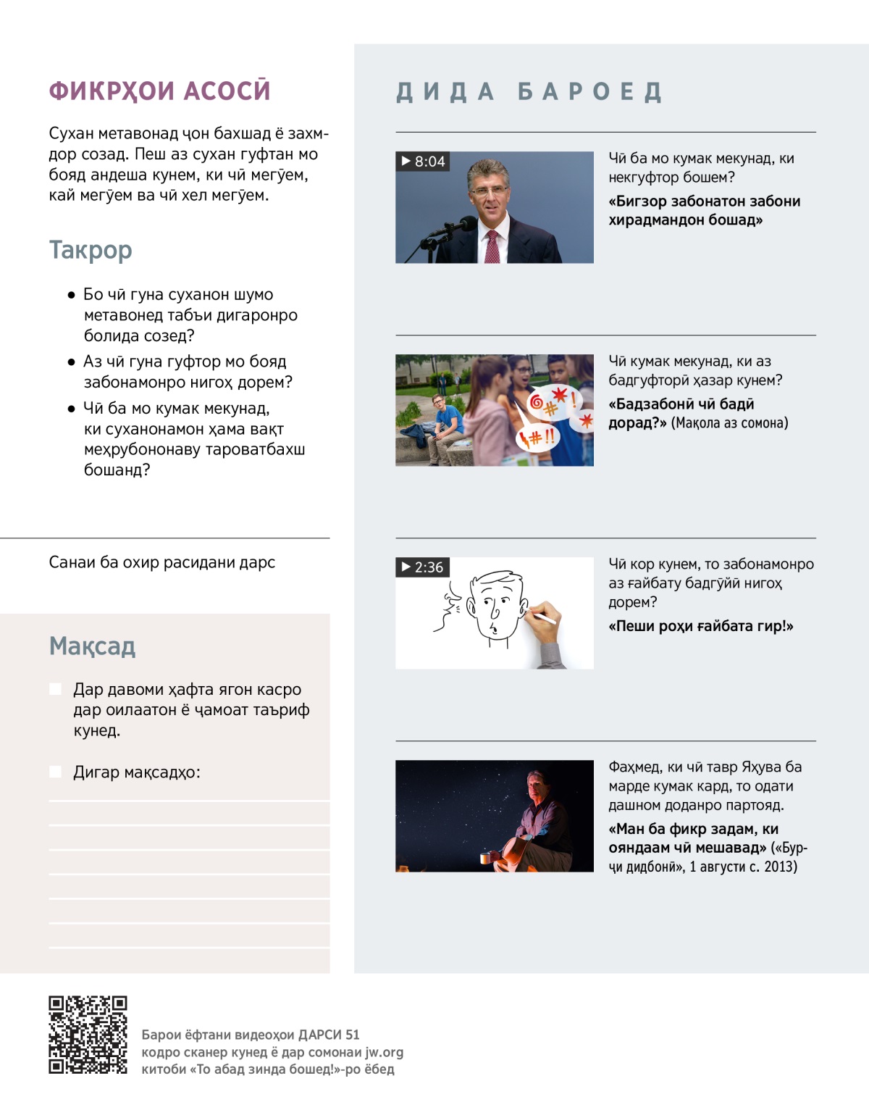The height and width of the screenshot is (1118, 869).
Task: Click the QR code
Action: [88, 1035]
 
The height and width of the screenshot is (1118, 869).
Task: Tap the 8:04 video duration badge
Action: [423, 162]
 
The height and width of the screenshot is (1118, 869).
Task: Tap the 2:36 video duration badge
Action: [423, 567]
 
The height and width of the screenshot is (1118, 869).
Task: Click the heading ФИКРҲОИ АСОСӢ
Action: [159, 91]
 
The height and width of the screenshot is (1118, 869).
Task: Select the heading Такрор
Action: [91, 250]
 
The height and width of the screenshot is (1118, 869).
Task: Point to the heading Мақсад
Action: [92, 646]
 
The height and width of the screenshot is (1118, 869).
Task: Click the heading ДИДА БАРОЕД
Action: [529, 92]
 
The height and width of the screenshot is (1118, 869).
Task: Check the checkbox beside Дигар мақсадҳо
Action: [55, 772]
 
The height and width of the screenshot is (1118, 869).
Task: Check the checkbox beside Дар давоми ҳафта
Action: [55, 689]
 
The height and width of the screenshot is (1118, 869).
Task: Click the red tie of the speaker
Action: [492, 246]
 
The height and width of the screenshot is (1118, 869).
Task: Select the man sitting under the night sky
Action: [536, 819]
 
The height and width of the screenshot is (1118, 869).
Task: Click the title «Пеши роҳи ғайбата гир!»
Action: [700, 626]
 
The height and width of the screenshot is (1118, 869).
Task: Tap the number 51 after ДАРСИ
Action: [352, 1035]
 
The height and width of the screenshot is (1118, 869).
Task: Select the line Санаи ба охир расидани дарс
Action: [162, 562]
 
